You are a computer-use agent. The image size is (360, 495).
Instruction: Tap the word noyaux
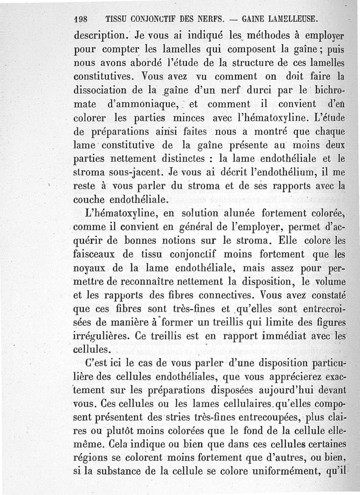click(x=91, y=269)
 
